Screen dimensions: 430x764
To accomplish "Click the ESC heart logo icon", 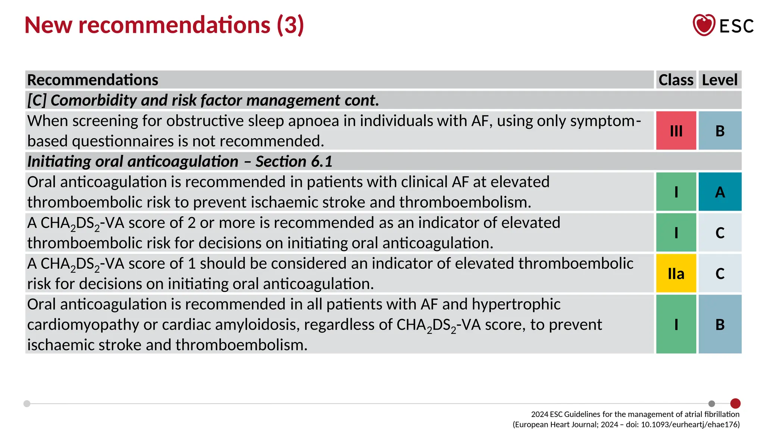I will [x=704, y=25].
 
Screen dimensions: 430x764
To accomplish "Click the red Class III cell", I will [x=676, y=131].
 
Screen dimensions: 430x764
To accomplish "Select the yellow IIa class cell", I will [x=676, y=273].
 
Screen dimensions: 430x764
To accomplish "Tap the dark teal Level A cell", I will [x=720, y=192].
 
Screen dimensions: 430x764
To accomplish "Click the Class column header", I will [x=676, y=80].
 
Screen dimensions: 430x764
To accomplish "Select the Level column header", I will [x=720, y=80].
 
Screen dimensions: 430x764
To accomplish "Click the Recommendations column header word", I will [x=93, y=80].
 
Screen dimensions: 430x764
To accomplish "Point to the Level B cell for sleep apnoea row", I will [x=720, y=131].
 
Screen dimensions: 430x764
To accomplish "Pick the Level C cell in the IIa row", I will [x=720, y=273].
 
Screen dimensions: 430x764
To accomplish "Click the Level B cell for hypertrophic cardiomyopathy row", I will [x=720, y=324].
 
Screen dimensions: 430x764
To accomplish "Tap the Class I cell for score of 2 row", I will [x=676, y=233].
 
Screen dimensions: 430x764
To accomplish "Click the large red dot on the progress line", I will [x=735, y=403].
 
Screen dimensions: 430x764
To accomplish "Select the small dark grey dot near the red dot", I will [x=712, y=403].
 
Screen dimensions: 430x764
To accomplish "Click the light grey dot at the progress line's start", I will [x=27, y=403].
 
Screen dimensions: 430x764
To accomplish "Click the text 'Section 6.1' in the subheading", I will [x=294, y=162].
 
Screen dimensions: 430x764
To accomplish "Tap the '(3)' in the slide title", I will [x=290, y=25].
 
